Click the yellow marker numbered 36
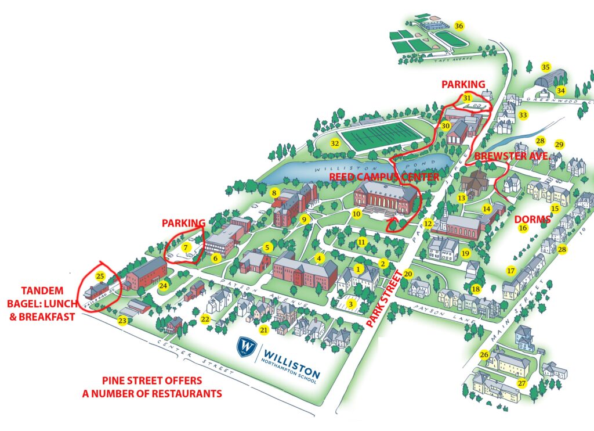coord(459,26)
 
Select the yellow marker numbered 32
coord(335,143)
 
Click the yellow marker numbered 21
coord(264,330)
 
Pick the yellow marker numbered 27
coord(521,383)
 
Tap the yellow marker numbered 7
coord(186,247)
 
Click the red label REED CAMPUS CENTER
coord(383,176)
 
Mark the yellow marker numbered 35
coord(545,67)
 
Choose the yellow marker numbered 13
coord(462,197)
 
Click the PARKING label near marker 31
coord(463,84)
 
